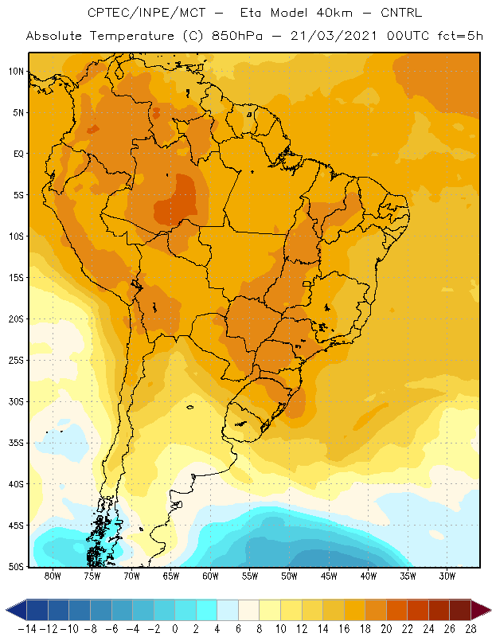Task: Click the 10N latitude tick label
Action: pos(16,72)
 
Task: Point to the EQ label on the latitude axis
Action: pos(18,154)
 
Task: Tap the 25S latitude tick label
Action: pos(16,361)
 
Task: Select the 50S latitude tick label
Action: pos(16,567)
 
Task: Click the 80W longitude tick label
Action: pos(53,576)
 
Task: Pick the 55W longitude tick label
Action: pos(250,576)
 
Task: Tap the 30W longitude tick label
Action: pos(447,576)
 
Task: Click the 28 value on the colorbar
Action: pos(471,629)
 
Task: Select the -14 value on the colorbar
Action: pos(27,629)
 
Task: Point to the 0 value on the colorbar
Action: pos(174,629)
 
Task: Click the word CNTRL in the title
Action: pos(401,13)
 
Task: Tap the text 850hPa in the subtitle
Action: pos(237,36)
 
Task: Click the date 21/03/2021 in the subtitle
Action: pos(334,36)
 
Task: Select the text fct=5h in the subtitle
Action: pos(460,36)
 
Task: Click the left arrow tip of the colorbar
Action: pos(6,610)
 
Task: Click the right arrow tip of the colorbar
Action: pos(490,610)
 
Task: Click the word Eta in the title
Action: pos(250,13)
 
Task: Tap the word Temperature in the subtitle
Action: pos(131,36)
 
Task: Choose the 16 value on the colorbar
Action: pos(344,629)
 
